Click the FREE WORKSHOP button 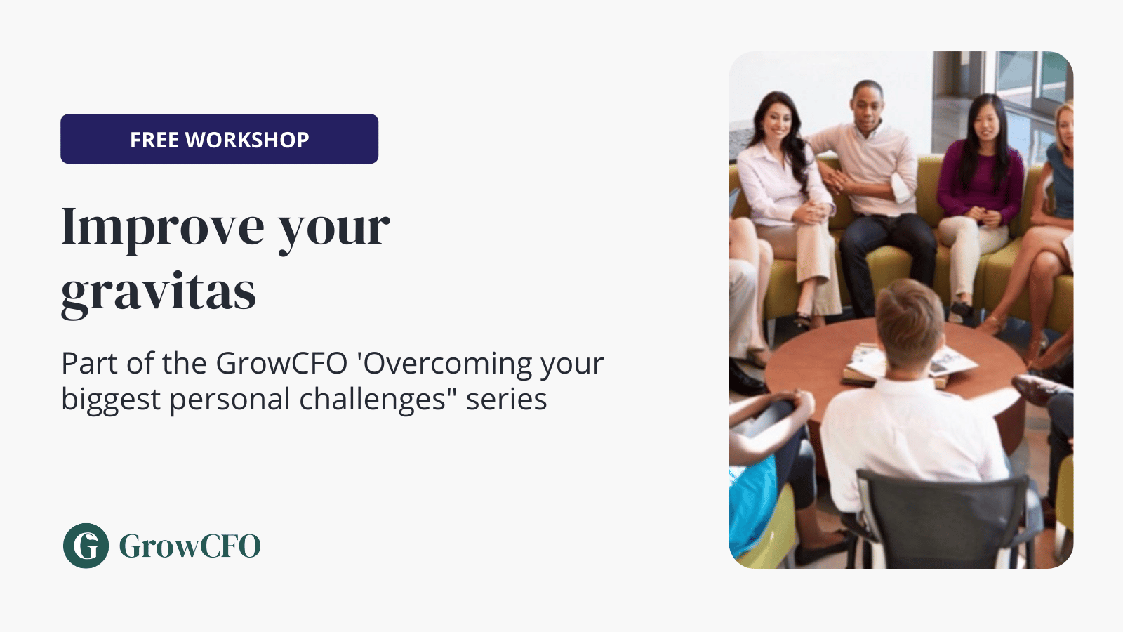coord(219,139)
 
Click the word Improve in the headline coord(162,228)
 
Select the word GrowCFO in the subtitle coord(281,363)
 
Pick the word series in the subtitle coord(506,400)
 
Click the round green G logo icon coord(86,546)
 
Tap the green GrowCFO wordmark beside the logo coord(190,546)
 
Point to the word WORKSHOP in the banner coord(247,140)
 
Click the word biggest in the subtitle coord(111,400)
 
